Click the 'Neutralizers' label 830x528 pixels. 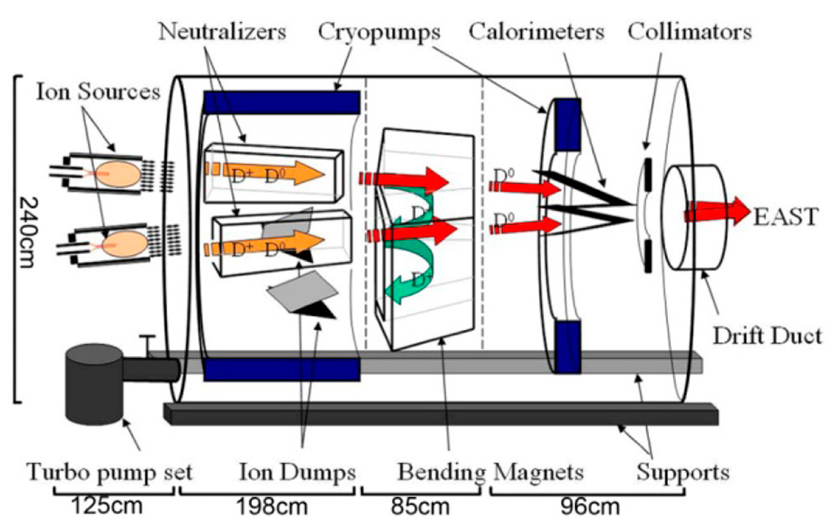coord(222,32)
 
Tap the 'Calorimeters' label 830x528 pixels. coord(536,32)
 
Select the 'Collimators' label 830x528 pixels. coord(689,32)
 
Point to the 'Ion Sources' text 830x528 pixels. coord(98,92)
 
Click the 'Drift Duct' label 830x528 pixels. coord(767,336)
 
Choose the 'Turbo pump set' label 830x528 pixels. coord(110,472)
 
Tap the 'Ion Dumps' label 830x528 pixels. coord(297,472)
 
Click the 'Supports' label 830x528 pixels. coord(683,472)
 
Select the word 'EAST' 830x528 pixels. coord(786,217)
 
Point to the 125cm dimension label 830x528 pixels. coord(107,506)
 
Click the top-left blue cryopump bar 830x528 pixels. coord(281,102)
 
